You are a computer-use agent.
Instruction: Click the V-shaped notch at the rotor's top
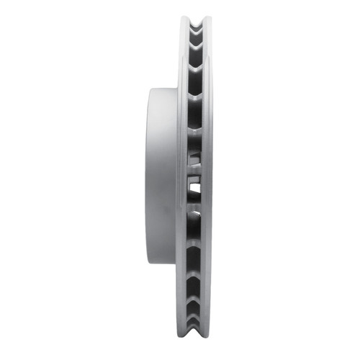point(196,22)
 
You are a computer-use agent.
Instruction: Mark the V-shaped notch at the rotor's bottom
point(196,338)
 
